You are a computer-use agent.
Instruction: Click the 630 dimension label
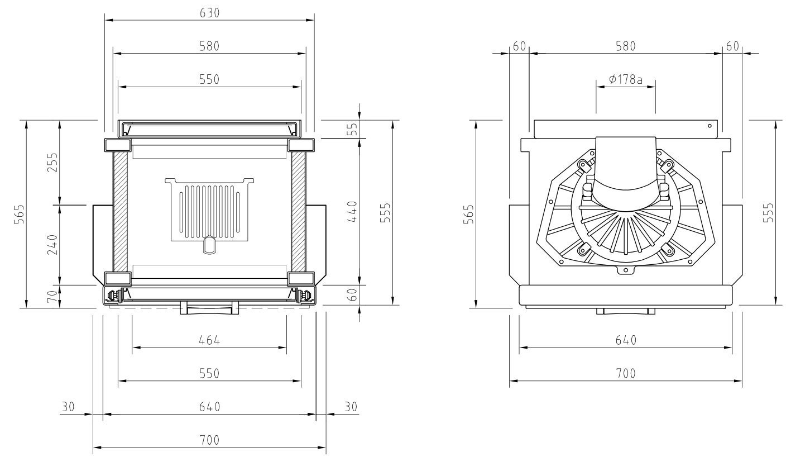tap(209, 13)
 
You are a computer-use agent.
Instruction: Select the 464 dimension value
tap(209, 340)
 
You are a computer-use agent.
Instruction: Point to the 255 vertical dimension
tap(52, 162)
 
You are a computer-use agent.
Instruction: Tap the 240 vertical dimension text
tap(52, 245)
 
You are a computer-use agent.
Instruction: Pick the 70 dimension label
tap(52, 296)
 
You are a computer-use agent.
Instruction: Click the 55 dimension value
tap(352, 129)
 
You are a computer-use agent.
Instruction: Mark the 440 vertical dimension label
tap(352, 211)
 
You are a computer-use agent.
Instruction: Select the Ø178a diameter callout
tap(625, 79)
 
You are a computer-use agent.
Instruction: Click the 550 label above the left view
tap(209, 79)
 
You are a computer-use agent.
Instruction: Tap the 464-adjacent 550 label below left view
tap(209, 373)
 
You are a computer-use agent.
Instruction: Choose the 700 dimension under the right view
tap(626, 373)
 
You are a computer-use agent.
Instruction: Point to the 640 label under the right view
tap(626, 340)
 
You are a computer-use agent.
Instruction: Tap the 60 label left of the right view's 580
tap(519, 46)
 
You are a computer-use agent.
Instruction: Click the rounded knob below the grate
tap(209, 245)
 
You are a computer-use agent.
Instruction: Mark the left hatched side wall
tap(121, 212)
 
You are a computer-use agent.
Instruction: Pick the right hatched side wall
tap(299, 212)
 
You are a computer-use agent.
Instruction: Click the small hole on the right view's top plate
tap(710, 126)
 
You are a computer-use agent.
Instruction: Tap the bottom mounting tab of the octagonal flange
tap(626, 270)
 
